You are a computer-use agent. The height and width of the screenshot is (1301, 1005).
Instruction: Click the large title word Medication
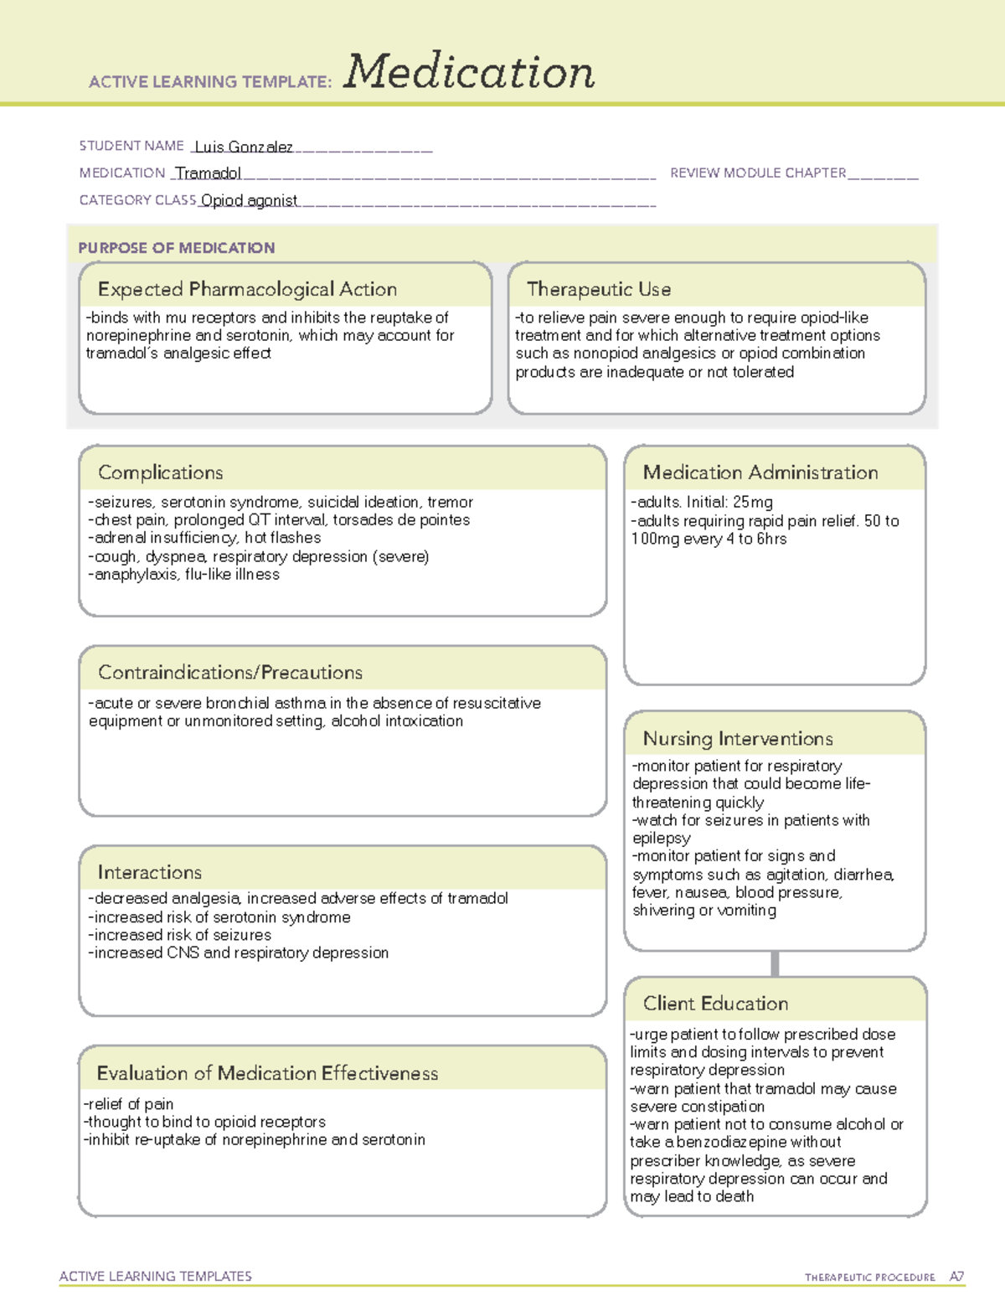469,72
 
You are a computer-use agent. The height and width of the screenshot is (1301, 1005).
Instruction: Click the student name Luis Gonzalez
244,147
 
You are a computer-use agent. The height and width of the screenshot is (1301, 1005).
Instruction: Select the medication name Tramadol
209,173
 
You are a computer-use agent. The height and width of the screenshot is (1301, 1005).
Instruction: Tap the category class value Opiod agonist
250,200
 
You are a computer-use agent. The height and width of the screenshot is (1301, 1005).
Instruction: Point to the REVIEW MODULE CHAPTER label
758,173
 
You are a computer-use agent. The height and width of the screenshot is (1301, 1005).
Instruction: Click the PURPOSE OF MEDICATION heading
177,248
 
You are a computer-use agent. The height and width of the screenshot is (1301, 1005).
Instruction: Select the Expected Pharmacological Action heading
247,289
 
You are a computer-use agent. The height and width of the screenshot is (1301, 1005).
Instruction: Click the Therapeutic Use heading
599,289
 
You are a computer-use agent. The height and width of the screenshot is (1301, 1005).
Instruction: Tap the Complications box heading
161,472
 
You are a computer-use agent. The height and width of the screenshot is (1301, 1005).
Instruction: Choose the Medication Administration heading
760,472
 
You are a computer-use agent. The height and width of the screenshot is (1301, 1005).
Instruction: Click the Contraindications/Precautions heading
230,672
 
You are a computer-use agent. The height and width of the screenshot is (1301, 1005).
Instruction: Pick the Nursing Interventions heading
738,738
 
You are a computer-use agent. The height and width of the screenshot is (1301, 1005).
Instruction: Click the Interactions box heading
150,872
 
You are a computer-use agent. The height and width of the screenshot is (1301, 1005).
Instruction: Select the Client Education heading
716,1003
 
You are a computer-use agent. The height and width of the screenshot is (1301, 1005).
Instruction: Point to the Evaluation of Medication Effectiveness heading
267,1073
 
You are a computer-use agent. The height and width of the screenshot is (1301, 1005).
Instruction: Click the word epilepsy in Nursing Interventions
662,839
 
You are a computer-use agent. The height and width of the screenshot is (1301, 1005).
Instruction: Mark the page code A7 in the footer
956,1277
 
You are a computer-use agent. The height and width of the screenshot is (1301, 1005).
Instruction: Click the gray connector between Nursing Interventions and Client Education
775,963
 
